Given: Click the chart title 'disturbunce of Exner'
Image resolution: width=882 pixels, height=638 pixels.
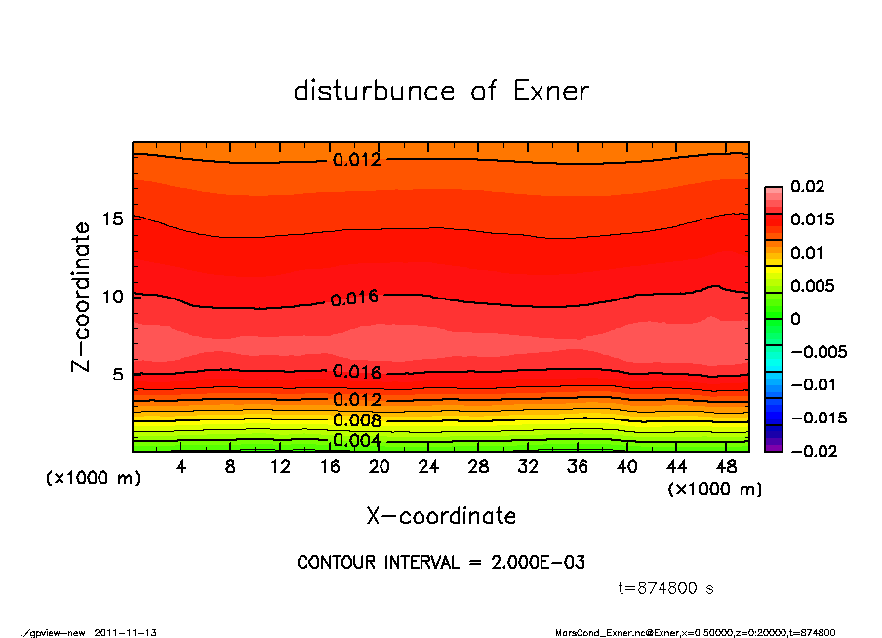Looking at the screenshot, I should point(441,91).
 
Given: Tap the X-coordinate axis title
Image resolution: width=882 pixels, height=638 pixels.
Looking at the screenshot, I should point(441,516).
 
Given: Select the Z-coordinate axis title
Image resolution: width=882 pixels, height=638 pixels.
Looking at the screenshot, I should point(82,297).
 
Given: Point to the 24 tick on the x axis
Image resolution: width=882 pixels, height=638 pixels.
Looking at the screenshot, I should point(429,467).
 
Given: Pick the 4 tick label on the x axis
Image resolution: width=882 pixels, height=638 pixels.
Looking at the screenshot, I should point(181,467).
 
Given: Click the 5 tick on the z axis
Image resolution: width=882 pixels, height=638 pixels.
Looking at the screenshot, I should point(115,374).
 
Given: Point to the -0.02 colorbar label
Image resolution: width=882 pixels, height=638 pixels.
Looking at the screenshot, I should point(812,451).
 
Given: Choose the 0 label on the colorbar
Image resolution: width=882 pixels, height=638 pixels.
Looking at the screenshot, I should point(795,319).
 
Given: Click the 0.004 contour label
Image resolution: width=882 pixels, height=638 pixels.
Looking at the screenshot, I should point(356,441).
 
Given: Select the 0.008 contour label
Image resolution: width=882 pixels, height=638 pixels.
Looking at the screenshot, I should point(356,420).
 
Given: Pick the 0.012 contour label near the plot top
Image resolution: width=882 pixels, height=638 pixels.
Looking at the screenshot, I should point(356,160).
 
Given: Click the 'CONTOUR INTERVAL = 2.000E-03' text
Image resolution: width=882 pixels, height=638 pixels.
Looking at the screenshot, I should point(441,564).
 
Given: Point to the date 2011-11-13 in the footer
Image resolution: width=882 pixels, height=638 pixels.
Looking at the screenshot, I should point(126,632).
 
